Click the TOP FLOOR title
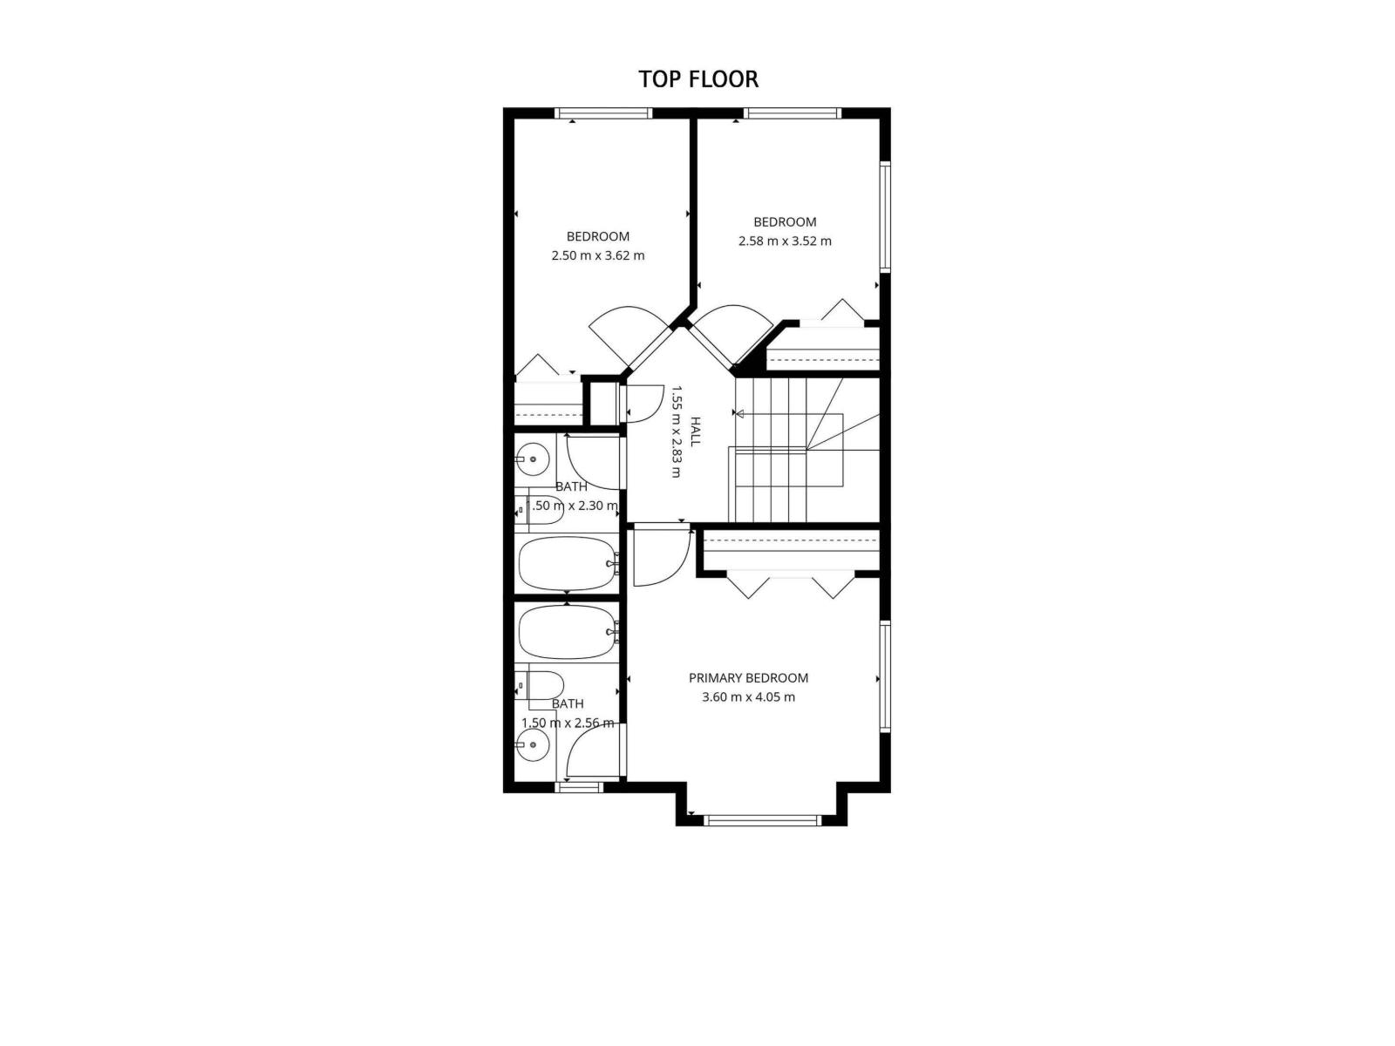pyautogui.click(x=698, y=79)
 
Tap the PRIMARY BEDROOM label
pyautogui.click(x=748, y=678)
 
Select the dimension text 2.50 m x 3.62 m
pyautogui.click(x=598, y=256)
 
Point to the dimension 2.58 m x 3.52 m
pyautogui.click(x=785, y=241)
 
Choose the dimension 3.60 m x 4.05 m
pyautogui.click(x=748, y=697)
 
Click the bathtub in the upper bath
pyautogui.click(x=566, y=564)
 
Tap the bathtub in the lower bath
pyautogui.click(x=566, y=632)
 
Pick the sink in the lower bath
pyautogui.click(x=531, y=744)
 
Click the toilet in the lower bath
pyautogui.click(x=541, y=685)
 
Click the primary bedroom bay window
pyautogui.click(x=762, y=819)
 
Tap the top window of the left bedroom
pyautogui.click(x=603, y=113)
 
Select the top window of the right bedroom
pyautogui.click(x=792, y=113)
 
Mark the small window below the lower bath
pyautogui.click(x=579, y=787)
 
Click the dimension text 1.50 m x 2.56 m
pyautogui.click(x=568, y=723)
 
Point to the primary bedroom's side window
pyautogui.click(x=884, y=676)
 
